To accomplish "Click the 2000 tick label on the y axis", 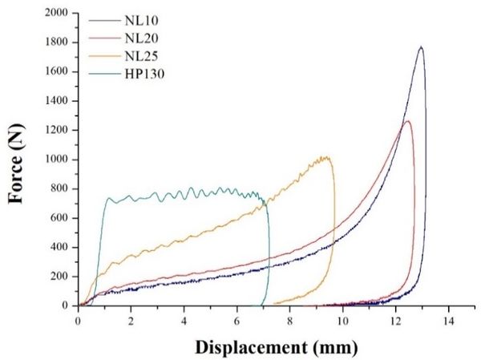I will click(56, 14).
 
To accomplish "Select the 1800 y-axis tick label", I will click(56, 42).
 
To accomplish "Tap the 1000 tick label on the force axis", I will click(56, 160).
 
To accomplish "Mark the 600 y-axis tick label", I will click(59, 218).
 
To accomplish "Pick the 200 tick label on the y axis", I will click(59, 277).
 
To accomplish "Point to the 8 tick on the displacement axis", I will click(290, 321).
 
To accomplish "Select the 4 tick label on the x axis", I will click(184, 321).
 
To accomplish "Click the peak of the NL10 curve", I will click(421, 47).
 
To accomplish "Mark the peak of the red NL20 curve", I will click(408, 121).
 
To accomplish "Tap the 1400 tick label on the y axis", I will click(56, 101).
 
